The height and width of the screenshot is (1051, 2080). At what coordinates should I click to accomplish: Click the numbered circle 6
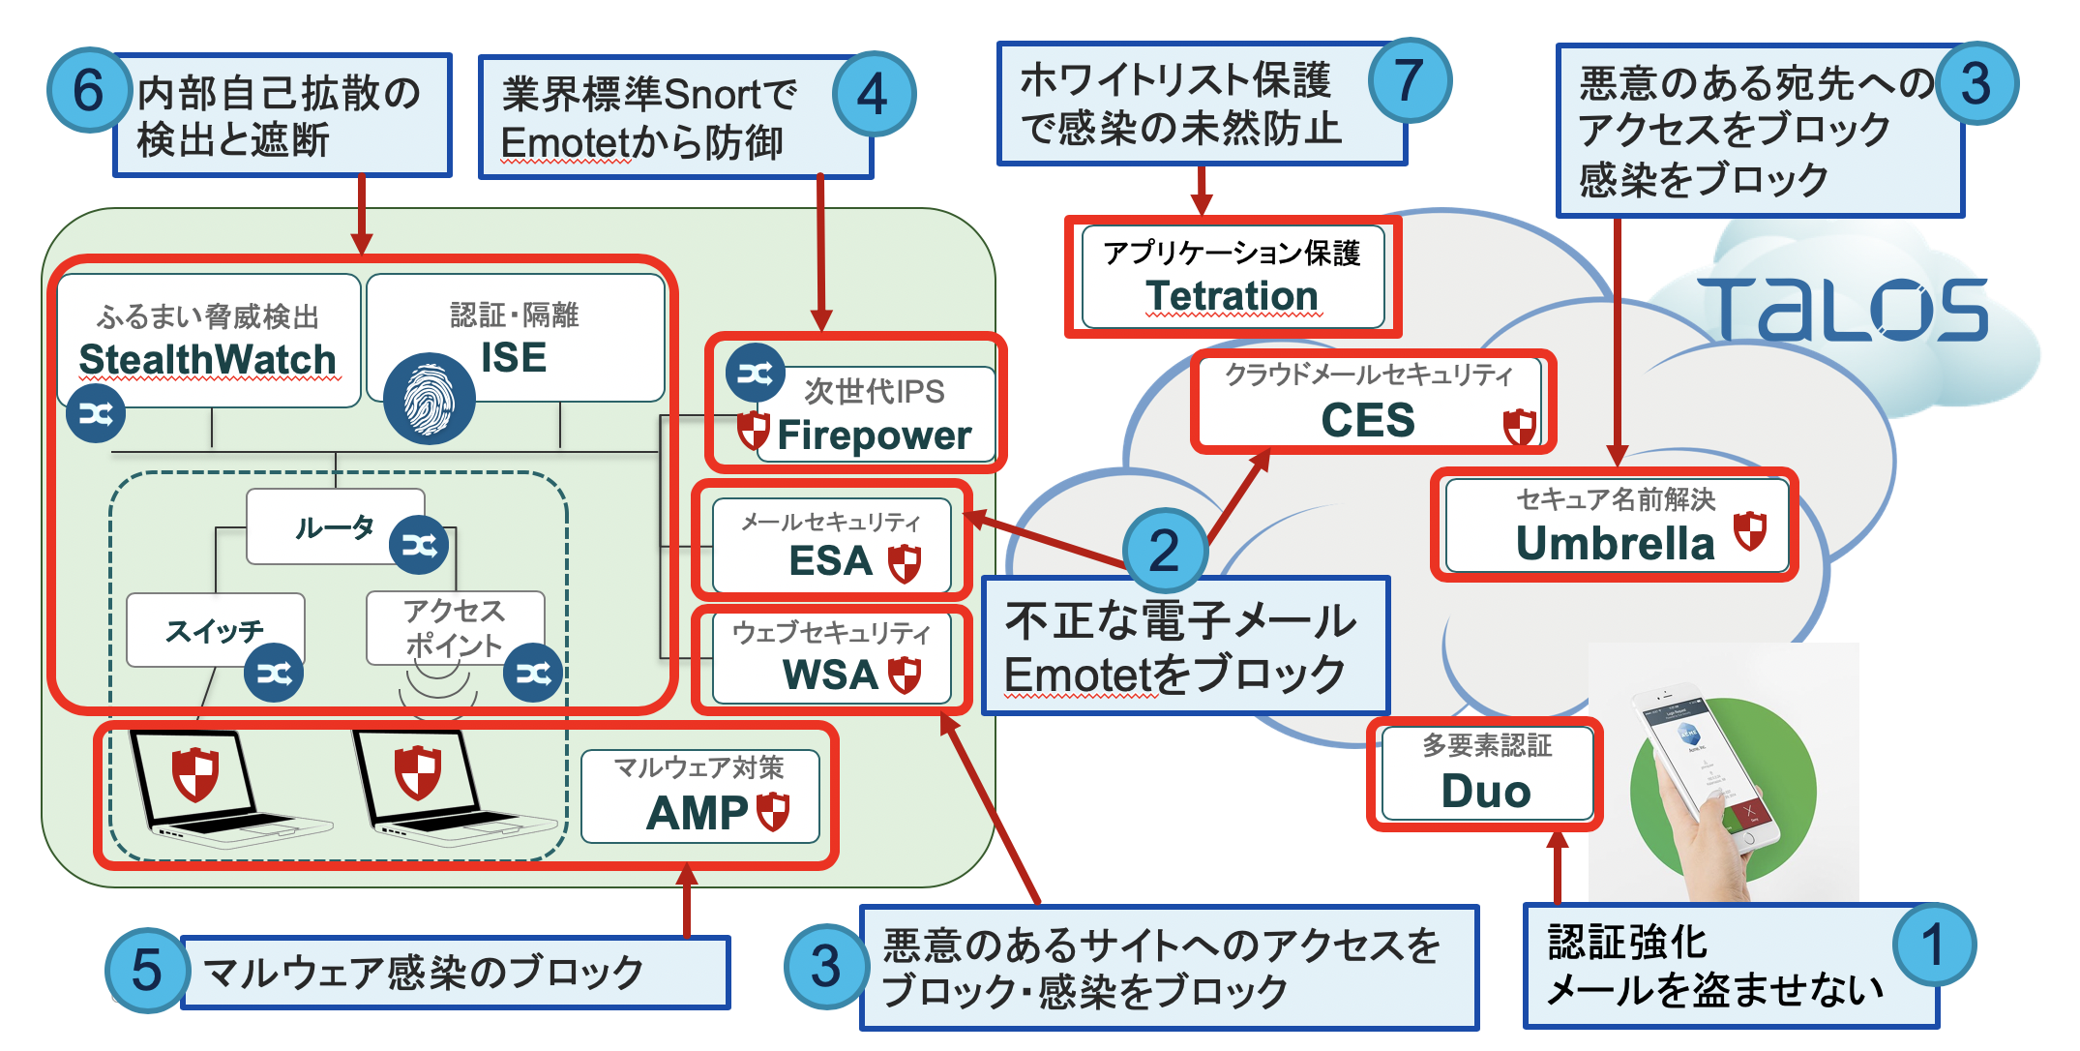89,92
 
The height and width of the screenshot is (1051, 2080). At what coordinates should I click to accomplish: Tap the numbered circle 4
873,94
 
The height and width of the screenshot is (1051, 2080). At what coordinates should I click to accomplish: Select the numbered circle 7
1410,80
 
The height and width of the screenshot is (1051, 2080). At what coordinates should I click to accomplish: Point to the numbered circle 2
1165,550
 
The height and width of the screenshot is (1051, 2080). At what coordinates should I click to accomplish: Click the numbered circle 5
146,970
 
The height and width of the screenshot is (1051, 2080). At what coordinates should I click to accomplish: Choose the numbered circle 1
1933,945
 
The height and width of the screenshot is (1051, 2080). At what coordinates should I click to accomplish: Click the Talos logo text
1842,310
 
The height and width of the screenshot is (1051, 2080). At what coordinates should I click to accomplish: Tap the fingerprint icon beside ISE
429,399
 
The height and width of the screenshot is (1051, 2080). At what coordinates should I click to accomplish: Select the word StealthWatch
207,359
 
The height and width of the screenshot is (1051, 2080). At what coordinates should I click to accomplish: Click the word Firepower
874,435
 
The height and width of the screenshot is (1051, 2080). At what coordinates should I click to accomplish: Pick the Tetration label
1232,295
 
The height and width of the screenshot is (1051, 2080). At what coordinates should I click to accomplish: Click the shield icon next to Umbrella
1749,531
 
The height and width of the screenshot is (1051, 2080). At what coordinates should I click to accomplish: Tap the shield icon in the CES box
1519,426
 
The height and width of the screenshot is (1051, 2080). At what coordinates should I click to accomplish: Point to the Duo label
1486,791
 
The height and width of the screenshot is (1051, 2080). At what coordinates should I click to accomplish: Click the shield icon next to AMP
773,811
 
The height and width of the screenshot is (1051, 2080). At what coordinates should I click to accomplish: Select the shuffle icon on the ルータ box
419,546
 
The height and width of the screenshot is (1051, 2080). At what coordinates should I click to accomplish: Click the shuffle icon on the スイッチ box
274,674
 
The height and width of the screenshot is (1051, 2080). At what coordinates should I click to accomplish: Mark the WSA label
829,675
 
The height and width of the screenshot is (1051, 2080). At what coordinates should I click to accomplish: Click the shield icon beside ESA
905,562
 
